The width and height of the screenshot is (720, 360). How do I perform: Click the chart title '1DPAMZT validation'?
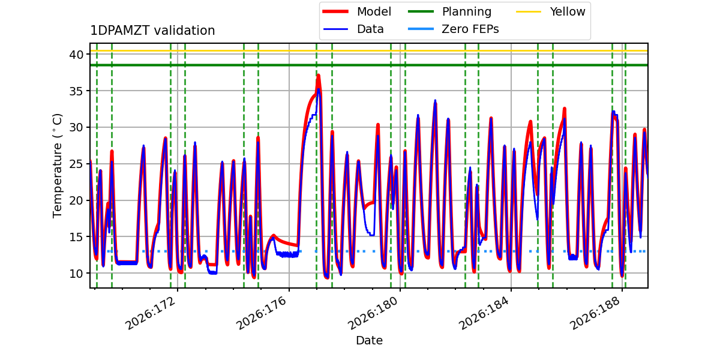pos(152,31)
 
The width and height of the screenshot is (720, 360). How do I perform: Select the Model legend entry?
pos(357,11)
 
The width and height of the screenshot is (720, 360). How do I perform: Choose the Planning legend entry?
pos(449,11)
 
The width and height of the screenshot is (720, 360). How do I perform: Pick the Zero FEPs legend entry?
pos(453,29)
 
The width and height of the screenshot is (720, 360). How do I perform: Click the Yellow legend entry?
pos(551,11)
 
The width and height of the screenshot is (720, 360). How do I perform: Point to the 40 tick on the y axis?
pos(76,55)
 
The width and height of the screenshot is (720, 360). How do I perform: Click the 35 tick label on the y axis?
pos(76,91)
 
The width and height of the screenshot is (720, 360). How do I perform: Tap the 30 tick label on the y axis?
pos(76,128)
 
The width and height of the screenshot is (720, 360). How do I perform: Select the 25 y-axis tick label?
pos(76,164)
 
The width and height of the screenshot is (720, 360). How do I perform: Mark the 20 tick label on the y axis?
pos(76,200)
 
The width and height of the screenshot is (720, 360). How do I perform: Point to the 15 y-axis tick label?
pos(76,237)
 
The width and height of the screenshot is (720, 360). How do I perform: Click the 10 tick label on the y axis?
pos(76,274)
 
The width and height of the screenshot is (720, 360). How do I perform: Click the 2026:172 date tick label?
pos(151,313)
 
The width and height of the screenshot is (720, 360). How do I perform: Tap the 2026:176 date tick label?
pos(262,313)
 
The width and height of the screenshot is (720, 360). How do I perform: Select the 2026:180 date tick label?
pos(373,313)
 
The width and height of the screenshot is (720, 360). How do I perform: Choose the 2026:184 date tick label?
pos(484,313)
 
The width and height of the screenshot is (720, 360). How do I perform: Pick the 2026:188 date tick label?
pos(595,313)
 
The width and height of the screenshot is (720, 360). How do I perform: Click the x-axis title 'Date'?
pos(370,340)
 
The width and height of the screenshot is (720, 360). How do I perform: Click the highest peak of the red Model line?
pos(318,76)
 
